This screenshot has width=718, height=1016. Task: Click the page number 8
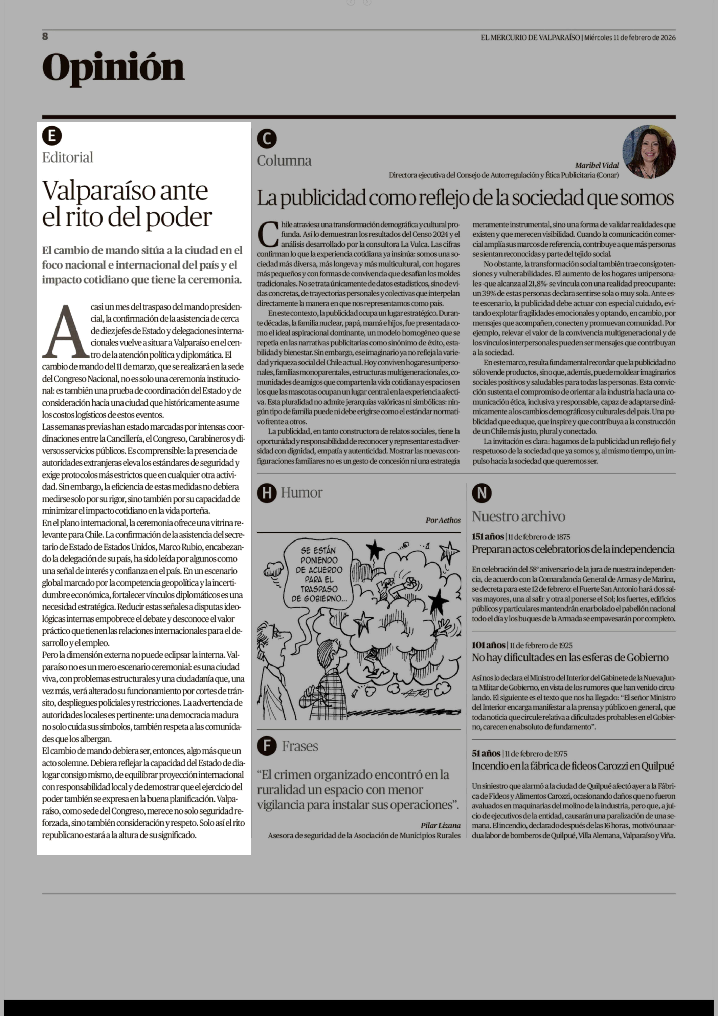pos(45,36)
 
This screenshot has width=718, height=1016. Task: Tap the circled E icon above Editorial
pos(52,136)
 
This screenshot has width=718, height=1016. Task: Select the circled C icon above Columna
pos(267,139)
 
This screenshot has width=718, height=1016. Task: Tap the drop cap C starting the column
pos(267,235)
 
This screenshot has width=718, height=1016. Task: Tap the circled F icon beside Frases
pos(267,746)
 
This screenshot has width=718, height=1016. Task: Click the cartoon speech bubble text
pos(318,574)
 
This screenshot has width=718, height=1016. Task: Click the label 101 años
pos(488,645)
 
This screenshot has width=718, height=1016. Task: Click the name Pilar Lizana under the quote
pos(440,825)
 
